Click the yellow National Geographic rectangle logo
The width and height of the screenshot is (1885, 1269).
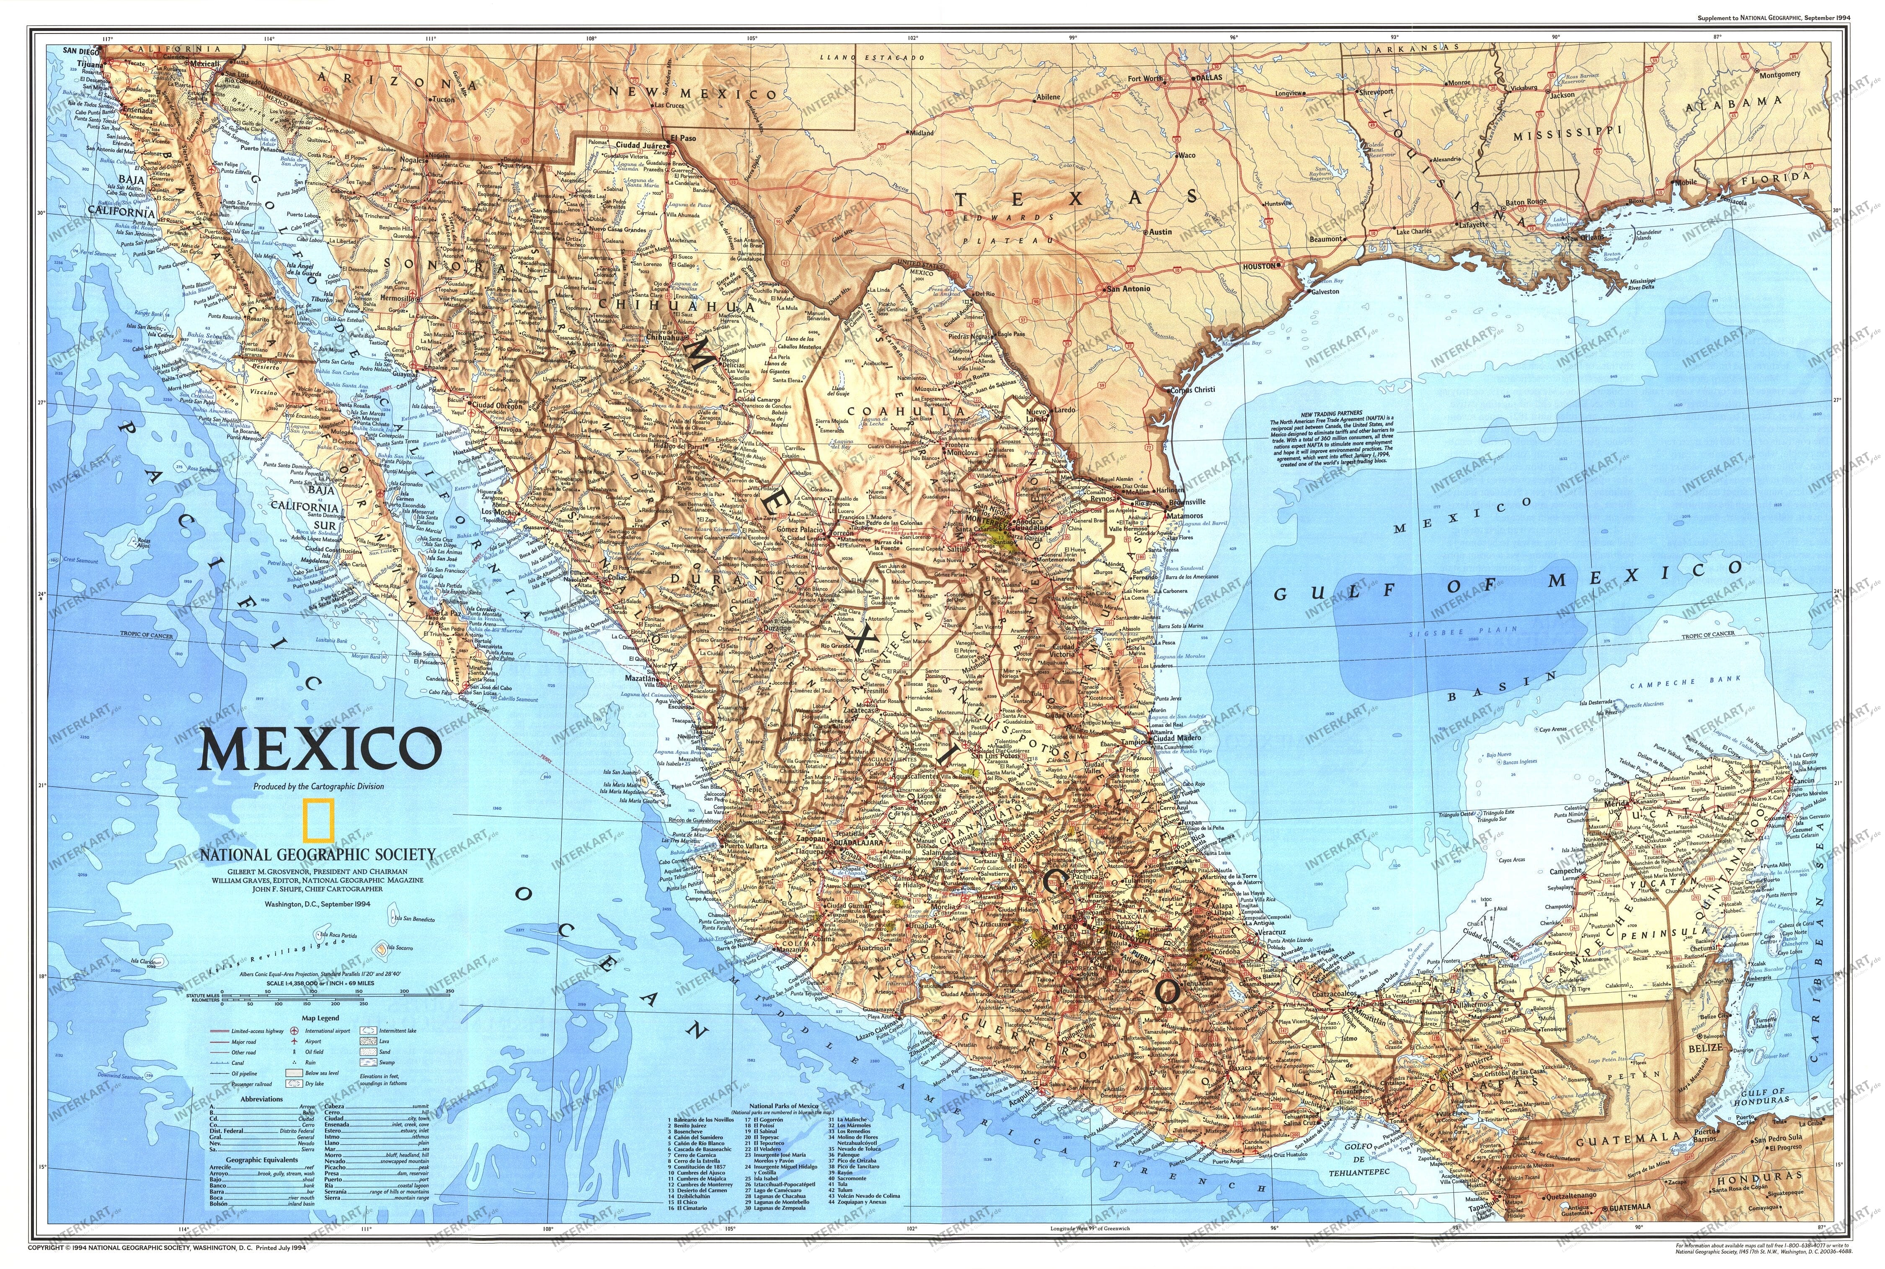(317, 820)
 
